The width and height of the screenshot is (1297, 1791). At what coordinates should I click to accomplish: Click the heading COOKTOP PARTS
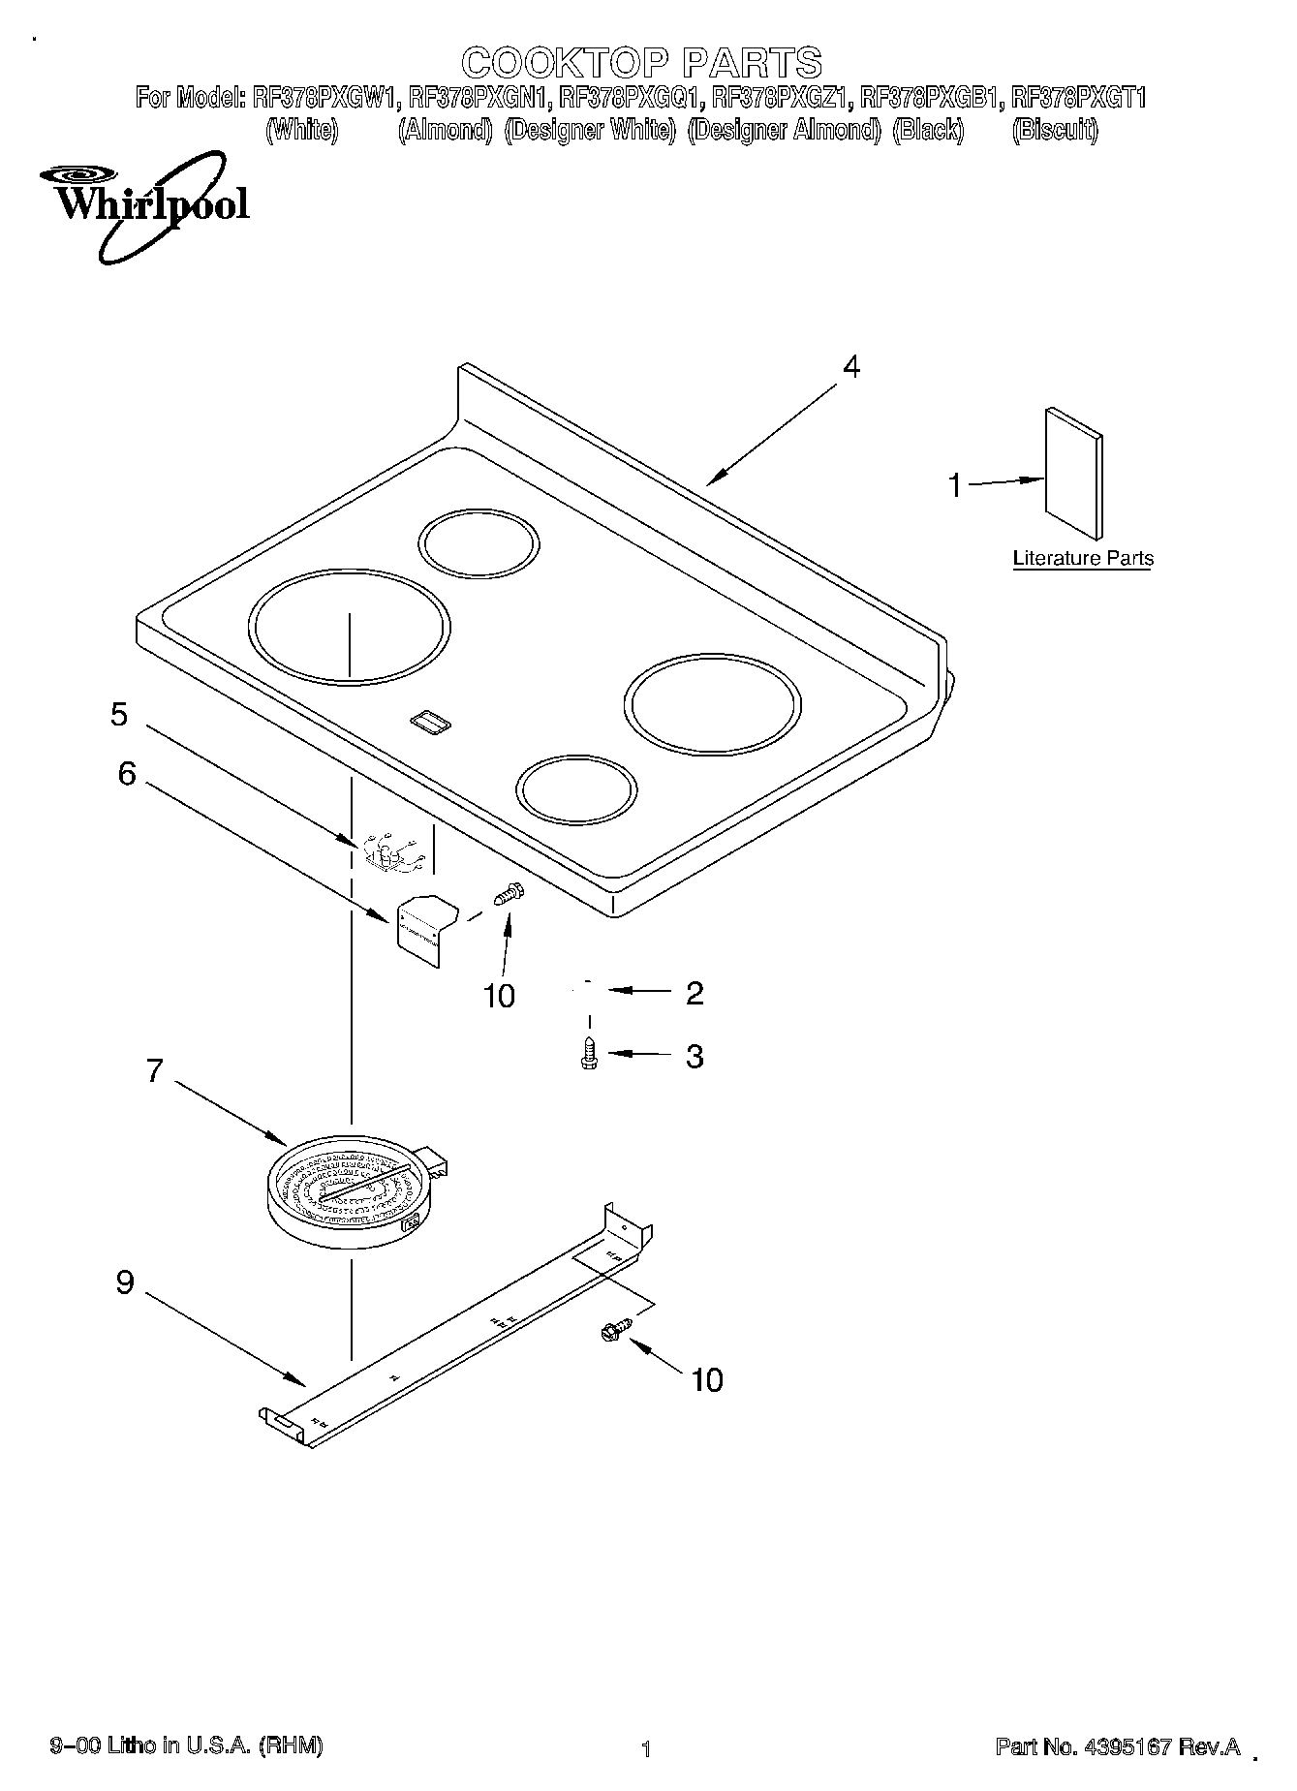click(x=641, y=63)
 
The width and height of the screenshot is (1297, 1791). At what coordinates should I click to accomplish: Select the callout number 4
click(x=850, y=367)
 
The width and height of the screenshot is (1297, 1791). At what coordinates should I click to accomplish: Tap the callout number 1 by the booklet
click(x=955, y=484)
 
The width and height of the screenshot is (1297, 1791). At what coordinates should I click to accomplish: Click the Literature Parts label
click(x=1082, y=558)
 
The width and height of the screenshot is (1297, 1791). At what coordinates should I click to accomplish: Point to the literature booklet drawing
click(x=1073, y=472)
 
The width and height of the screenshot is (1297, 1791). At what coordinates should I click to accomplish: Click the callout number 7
click(x=155, y=1071)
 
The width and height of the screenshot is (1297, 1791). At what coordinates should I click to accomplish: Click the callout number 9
click(x=125, y=1282)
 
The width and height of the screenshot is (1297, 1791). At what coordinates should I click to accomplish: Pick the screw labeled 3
click(x=588, y=1054)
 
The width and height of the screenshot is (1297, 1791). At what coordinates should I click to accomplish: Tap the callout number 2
click(x=694, y=993)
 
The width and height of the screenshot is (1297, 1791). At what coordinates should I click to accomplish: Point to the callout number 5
click(x=118, y=715)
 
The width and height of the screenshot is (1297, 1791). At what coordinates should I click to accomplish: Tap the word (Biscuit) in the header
click(x=1055, y=130)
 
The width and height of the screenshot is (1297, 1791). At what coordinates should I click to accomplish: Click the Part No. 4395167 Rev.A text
click(x=1118, y=1746)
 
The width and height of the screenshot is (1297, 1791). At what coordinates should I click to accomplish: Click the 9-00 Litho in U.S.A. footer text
click(x=186, y=1745)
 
